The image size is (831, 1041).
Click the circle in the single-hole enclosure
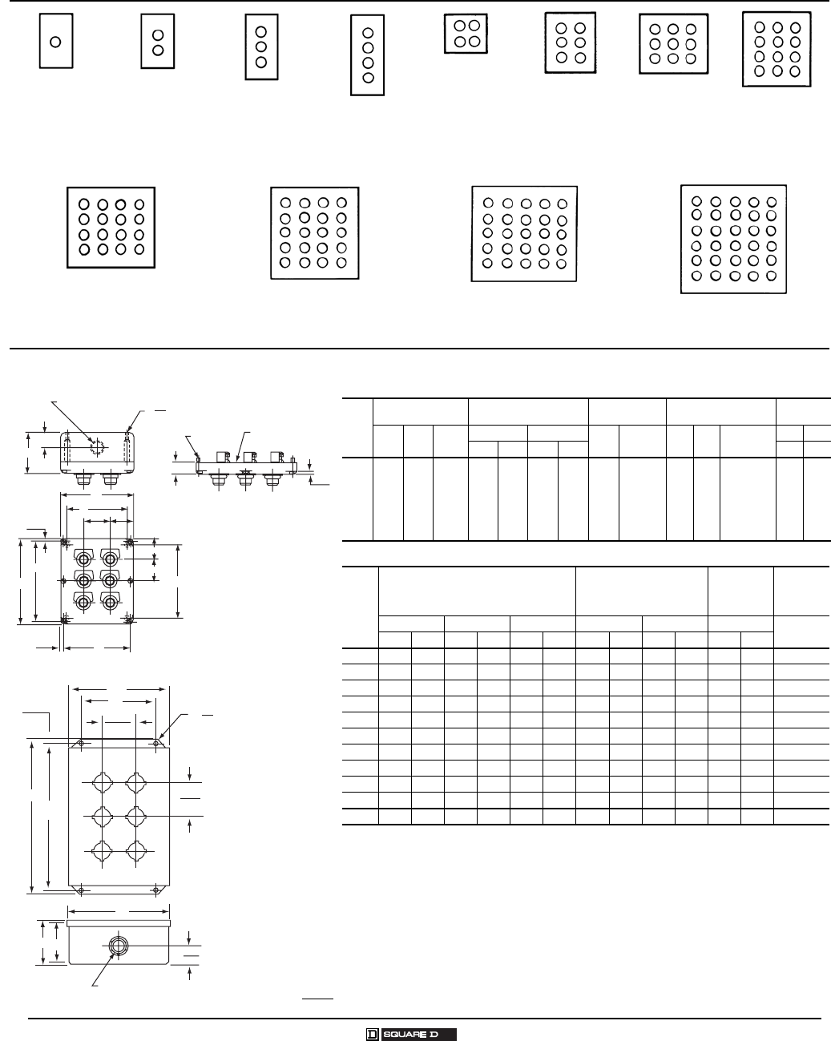pyautogui.click(x=55, y=42)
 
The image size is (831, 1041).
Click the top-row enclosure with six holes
pyautogui.click(x=570, y=42)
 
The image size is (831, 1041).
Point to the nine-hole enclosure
pyautogui.click(x=673, y=44)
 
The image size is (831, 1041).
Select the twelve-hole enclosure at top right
pyautogui.click(x=776, y=49)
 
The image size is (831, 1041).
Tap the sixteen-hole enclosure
pyautogui.click(x=111, y=227)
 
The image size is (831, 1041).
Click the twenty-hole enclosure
pyautogui.click(x=314, y=232)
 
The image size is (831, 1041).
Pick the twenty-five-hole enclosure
pyautogui.click(x=524, y=233)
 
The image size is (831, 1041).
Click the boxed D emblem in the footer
pyautogui.click(x=372, y=1034)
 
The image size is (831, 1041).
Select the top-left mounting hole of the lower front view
pyautogui.click(x=81, y=744)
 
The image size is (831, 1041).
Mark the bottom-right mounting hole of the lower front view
pyautogui.click(x=155, y=889)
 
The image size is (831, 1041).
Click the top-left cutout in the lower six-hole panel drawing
pyautogui.click(x=102, y=781)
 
